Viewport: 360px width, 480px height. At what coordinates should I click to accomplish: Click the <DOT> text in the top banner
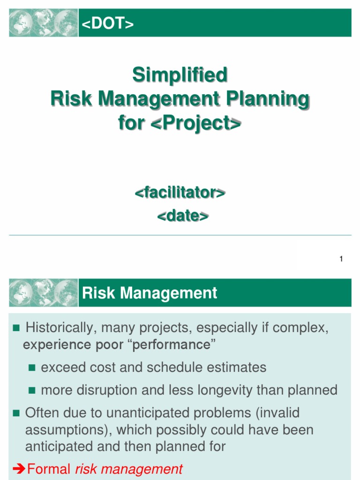point(108,24)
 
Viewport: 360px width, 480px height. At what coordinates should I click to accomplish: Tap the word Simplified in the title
point(180,75)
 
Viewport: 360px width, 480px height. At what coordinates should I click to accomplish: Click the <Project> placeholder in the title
point(196,123)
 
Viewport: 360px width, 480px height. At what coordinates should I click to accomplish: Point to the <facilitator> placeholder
point(180,193)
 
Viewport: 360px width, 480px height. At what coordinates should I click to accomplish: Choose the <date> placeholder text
point(182,216)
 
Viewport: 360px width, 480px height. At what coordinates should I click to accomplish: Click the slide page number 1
point(341,259)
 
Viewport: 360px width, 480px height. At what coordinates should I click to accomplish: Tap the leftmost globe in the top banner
point(20,22)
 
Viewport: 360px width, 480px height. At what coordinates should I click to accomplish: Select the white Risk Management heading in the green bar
point(150,293)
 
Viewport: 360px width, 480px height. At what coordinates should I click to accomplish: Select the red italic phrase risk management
point(129,469)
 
